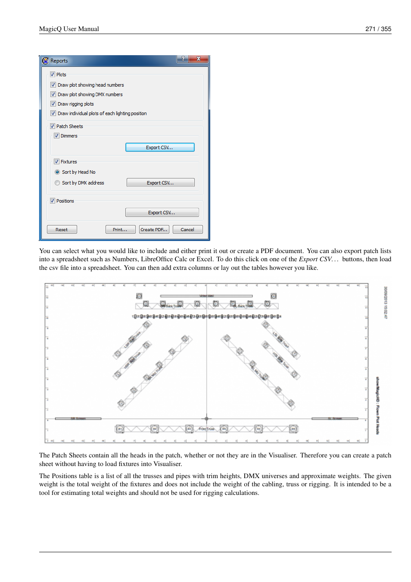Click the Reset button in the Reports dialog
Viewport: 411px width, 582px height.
click(62, 230)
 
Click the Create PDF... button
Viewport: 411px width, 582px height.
click(154, 230)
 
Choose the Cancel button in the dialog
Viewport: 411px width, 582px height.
click(187, 230)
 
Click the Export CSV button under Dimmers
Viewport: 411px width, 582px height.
click(160, 147)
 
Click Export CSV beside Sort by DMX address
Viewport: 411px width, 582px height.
click(160, 183)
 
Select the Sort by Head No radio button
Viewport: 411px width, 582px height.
click(57, 172)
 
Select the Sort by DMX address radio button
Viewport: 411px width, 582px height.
click(57, 183)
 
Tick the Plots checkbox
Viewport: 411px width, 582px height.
click(53, 75)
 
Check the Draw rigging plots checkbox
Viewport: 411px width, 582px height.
click(53, 104)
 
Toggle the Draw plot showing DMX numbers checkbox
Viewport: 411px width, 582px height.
click(53, 94)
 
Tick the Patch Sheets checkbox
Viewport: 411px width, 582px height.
click(53, 126)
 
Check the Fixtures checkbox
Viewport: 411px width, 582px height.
click(56, 162)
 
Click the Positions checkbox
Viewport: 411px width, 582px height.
click(53, 201)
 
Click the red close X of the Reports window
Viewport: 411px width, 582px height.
click(199, 59)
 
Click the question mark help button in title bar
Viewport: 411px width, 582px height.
click(183, 59)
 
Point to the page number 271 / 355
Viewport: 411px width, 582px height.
click(378, 29)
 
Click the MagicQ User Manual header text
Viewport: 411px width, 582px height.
click(69, 29)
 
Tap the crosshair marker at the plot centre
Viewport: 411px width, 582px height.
click(206, 418)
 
